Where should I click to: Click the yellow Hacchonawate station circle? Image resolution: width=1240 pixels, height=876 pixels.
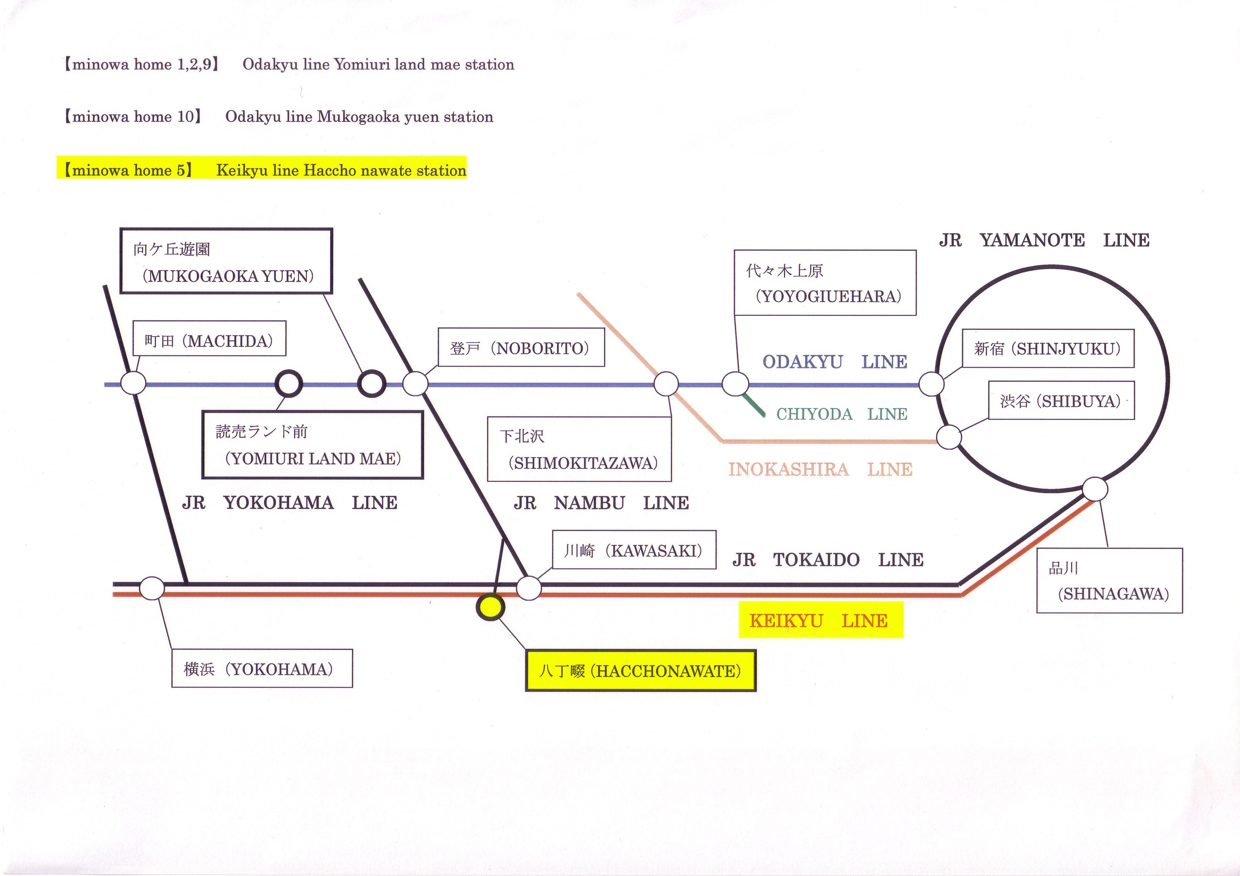click(490, 607)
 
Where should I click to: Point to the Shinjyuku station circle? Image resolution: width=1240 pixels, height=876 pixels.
click(931, 384)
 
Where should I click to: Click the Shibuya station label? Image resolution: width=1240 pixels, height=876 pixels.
click(1061, 401)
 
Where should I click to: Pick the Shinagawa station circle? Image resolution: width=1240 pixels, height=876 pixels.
click(1095, 490)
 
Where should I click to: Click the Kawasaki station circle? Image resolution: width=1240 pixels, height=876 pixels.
click(529, 588)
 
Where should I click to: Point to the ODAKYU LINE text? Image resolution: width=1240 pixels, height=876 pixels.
click(835, 362)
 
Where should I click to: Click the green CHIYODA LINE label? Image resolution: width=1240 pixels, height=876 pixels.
click(841, 414)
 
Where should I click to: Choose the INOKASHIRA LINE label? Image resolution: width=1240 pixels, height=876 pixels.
click(820, 469)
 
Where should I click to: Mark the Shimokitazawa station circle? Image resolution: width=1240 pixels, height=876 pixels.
click(666, 384)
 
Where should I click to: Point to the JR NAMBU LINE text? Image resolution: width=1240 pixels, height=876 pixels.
click(601, 503)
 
